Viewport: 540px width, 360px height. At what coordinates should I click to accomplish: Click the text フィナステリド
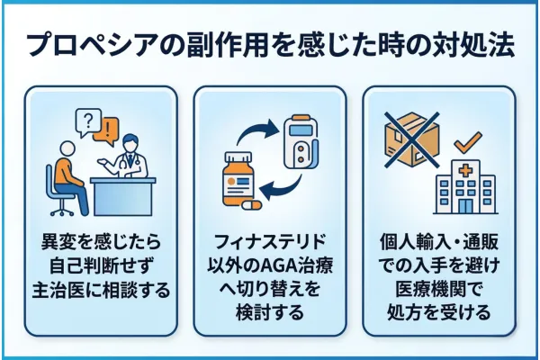[270, 242]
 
